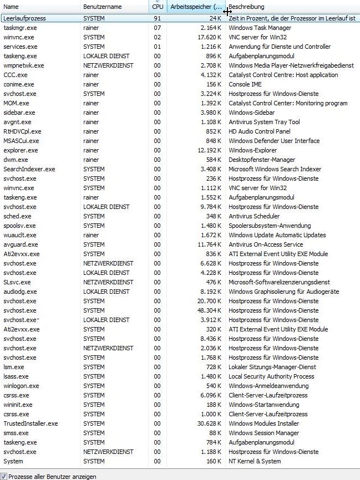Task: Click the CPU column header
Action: (158, 7)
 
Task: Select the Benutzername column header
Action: (100, 7)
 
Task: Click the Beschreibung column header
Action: (246, 7)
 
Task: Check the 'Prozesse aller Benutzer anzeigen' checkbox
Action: (4, 476)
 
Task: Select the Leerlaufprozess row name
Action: (24, 18)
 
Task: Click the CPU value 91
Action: (158, 18)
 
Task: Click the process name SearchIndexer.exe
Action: (29, 169)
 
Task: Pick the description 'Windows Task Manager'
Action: (260, 28)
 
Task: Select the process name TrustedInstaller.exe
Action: (31, 423)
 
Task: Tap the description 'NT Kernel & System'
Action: (255, 461)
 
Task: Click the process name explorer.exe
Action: (21, 150)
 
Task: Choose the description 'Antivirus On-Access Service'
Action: (266, 244)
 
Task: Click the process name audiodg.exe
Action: (19, 292)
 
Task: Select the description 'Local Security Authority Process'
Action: (271, 376)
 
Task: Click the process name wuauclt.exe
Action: (19, 235)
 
